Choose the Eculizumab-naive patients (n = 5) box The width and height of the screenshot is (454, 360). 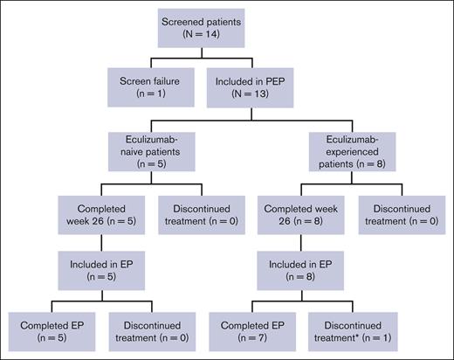point(150,146)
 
